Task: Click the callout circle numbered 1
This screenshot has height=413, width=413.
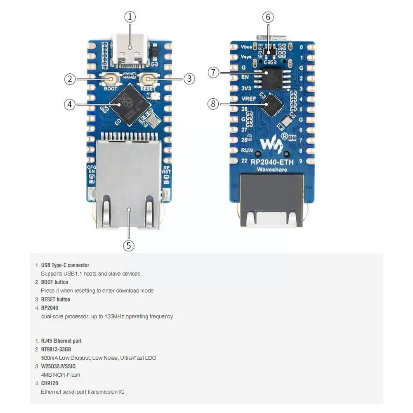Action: click(x=130, y=17)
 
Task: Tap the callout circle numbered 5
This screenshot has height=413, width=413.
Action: click(x=129, y=245)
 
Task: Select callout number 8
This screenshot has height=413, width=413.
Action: click(x=213, y=104)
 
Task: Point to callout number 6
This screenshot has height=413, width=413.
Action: click(x=268, y=17)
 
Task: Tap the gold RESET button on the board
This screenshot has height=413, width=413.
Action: click(x=148, y=79)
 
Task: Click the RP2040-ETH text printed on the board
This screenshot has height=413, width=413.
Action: click(x=272, y=162)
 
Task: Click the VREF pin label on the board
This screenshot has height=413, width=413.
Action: click(x=248, y=99)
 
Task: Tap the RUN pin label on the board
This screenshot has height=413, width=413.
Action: click(x=247, y=150)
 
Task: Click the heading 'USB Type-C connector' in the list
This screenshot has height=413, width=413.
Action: click(x=65, y=265)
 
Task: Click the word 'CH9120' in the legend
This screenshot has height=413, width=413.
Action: click(x=50, y=383)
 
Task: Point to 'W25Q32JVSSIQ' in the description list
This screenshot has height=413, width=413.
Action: click(x=58, y=366)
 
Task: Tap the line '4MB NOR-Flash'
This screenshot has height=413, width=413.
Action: click(x=60, y=375)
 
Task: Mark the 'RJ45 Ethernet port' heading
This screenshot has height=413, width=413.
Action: click(x=61, y=341)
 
